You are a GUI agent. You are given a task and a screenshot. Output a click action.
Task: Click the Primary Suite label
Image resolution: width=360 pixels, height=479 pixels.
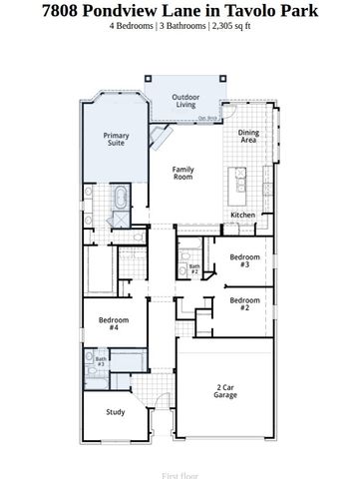click(x=118, y=139)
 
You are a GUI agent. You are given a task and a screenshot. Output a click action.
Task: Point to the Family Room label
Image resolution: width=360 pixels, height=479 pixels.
click(x=182, y=173)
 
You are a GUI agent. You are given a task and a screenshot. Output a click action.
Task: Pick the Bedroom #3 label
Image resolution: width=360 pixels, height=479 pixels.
click(x=245, y=261)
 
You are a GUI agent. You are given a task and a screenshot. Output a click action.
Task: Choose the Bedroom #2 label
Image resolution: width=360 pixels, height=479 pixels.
click(x=245, y=302)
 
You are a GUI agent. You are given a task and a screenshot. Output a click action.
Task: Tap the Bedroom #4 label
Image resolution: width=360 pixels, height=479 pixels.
click(x=114, y=323)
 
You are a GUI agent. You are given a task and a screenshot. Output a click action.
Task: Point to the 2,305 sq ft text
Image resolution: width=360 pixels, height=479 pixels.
click(x=228, y=26)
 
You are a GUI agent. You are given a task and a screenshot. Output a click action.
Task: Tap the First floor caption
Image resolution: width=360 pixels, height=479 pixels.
click(x=180, y=464)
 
